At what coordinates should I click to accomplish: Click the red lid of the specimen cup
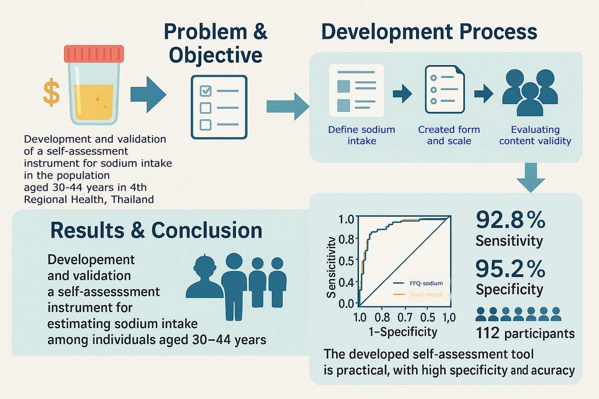(x=94, y=54)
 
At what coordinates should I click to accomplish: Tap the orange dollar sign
(x=51, y=93)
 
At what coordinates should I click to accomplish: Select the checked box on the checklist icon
(x=206, y=91)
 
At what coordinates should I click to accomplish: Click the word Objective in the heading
(x=216, y=55)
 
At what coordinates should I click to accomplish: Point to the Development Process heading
(x=429, y=32)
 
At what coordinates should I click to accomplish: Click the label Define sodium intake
(x=362, y=135)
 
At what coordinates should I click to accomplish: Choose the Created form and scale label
(x=449, y=135)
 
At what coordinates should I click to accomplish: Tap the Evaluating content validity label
(x=535, y=135)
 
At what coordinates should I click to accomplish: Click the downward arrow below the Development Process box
(x=531, y=177)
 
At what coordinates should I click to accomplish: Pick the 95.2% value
(x=510, y=269)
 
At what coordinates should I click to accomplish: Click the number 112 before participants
(x=487, y=333)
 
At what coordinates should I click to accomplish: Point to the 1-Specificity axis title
(x=403, y=332)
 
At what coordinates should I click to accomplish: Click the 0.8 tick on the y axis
(x=346, y=239)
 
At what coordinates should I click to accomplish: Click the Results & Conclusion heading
(x=156, y=230)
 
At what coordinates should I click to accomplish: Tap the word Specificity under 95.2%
(x=509, y=290)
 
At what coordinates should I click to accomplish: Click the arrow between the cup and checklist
(x=148, y=94)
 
